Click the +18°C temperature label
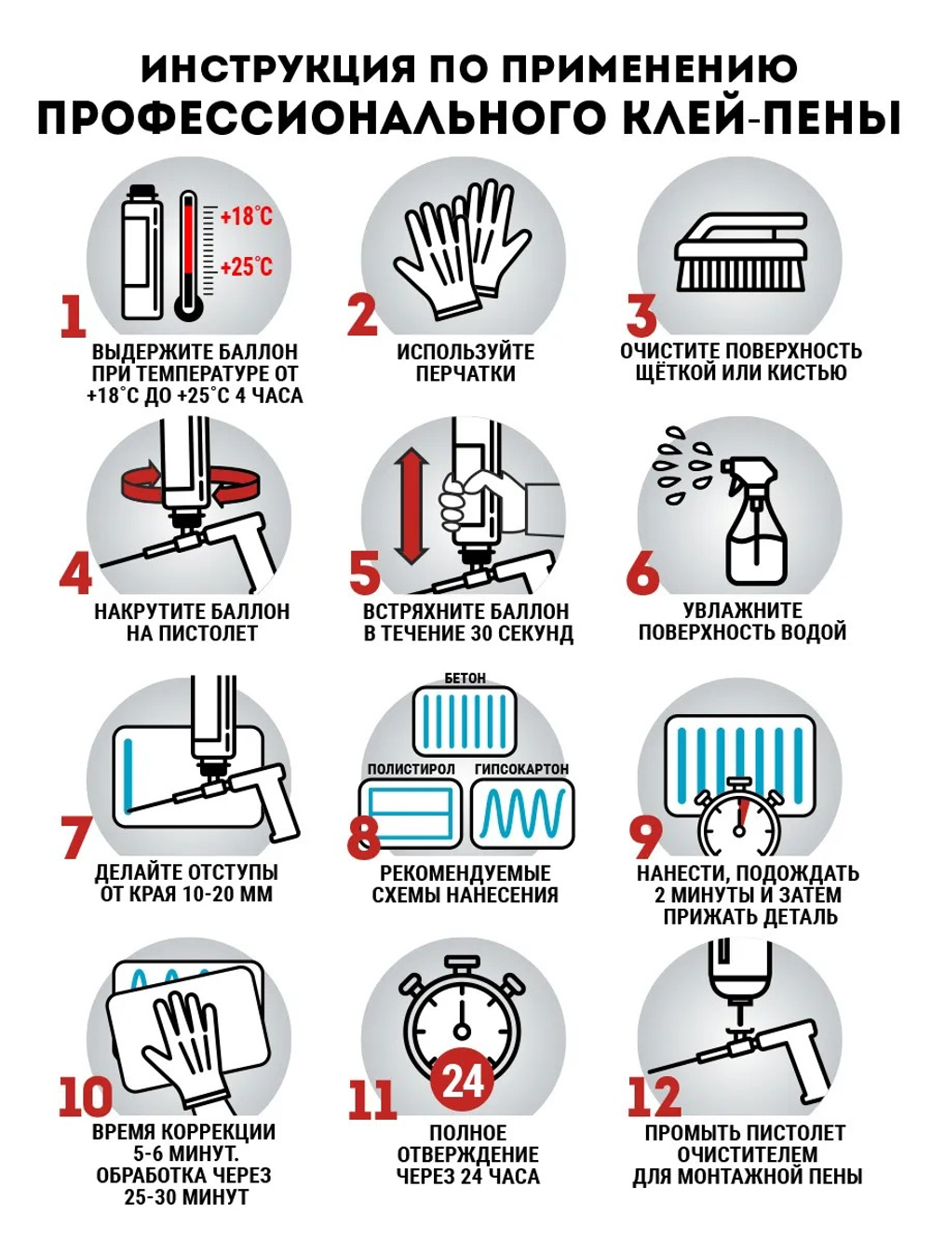[246, 216]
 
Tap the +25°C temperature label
[246, 266]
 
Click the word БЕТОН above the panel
[465, 678]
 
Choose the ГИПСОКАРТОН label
[521, 769]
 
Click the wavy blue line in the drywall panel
[521, 814]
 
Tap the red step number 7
[75, 837]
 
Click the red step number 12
[654, 1097]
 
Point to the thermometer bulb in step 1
[189, 306]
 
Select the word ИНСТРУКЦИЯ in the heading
[277, 68]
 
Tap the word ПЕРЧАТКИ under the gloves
[465, 373]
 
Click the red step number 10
[86, 1097]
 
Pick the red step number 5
[364, 573]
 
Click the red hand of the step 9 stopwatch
[742, 814]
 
